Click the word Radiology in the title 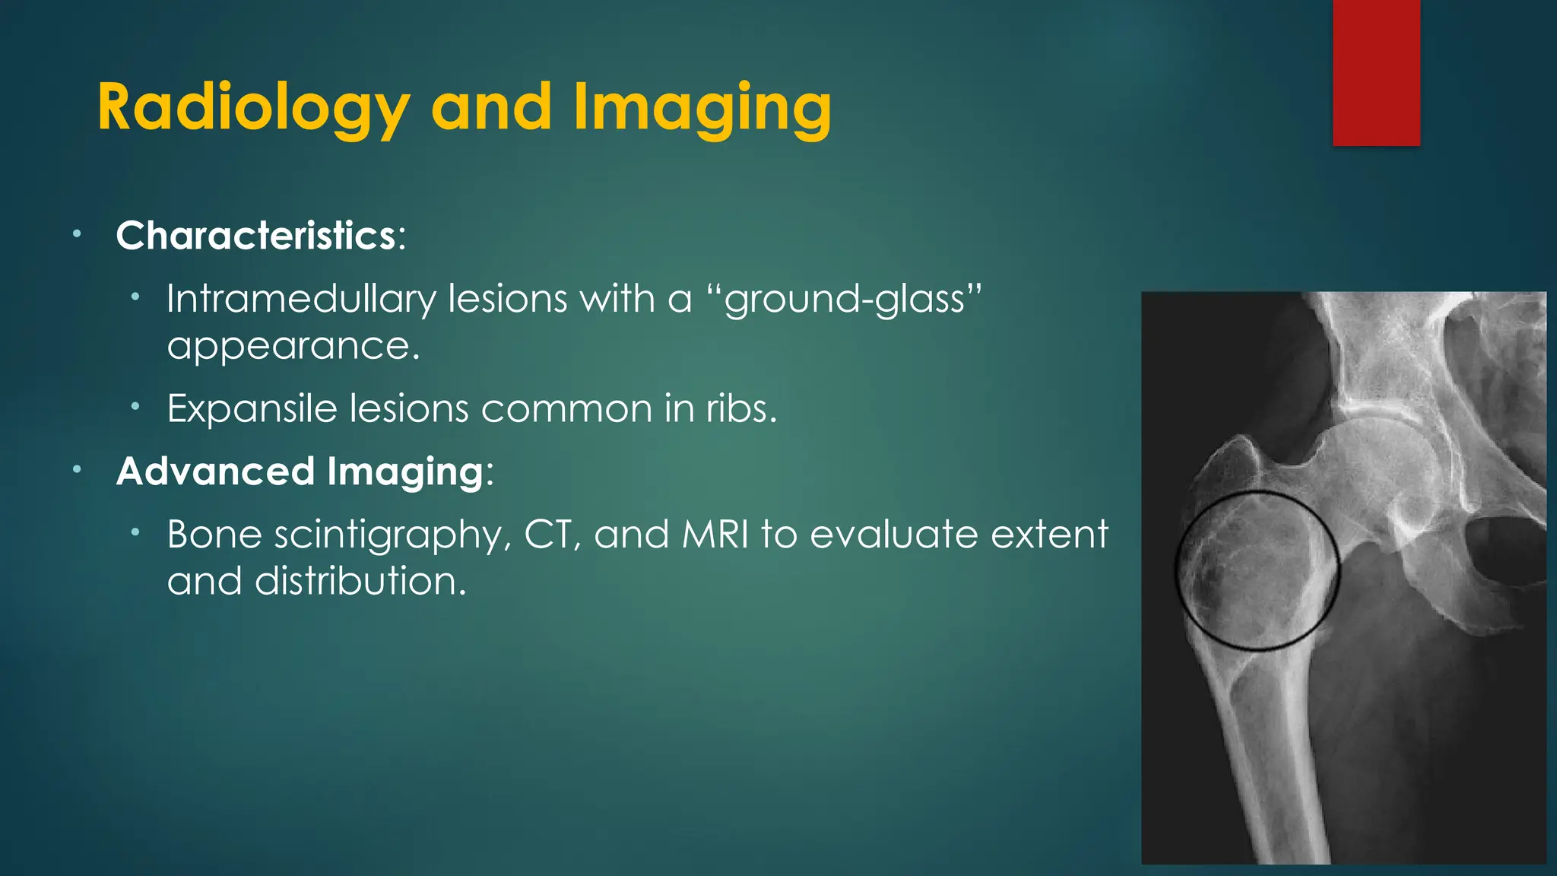(253, 109)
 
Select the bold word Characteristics (255, 236)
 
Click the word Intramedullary (301, 299)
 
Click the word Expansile (252, 409)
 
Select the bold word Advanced (215, 471)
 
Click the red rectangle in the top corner (1376, 72)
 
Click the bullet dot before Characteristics (77, 235)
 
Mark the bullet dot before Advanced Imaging (77, 471)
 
